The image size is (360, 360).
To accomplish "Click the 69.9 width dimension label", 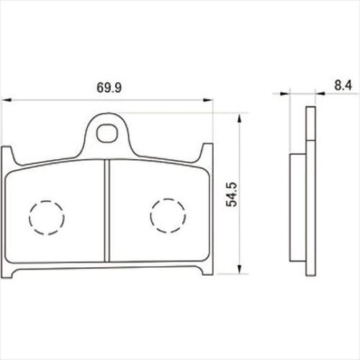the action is click(109, 88).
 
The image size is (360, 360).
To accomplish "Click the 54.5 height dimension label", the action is click(232, 194).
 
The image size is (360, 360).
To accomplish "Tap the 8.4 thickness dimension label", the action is click(343, 86).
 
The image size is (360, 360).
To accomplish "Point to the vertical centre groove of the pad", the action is click(107, 211).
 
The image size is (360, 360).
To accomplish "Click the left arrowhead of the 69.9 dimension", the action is click(6, 100).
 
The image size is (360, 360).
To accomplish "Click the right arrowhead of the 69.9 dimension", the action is click(208, 100).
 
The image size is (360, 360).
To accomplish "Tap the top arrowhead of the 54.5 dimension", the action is click(239, 119).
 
